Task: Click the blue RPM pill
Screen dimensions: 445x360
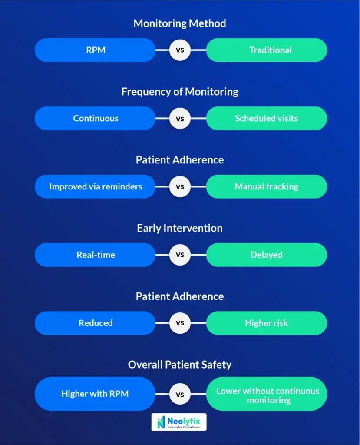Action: [95, 50]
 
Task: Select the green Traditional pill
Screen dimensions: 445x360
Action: [266, 50]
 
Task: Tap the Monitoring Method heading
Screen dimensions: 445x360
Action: [180, 23]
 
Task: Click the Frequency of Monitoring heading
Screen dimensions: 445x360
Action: [180, 92]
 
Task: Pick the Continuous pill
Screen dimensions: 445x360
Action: [95, 118]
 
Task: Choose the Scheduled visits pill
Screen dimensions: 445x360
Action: [266, 118]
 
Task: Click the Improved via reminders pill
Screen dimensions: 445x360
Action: [95, 186]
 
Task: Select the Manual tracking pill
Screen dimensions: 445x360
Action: [266, 186]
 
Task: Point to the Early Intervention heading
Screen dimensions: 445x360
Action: [180, 228]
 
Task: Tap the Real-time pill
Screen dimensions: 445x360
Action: [95, 255]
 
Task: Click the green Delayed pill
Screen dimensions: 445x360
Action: [266, 255]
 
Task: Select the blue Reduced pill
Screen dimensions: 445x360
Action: [95, 323]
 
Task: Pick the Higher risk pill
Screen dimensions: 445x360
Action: [266, 323]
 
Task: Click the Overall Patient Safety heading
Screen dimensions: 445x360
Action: [180, 365]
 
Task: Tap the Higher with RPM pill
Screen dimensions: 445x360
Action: [95, 394]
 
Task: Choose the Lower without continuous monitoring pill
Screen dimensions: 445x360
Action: [266, 394]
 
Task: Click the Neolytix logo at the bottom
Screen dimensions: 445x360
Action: [179, 422]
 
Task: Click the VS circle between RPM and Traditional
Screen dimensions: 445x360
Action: [180, 50]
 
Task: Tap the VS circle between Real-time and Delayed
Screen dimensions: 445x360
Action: [180, 255]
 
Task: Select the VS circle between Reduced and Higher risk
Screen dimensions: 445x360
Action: [180, 323]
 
